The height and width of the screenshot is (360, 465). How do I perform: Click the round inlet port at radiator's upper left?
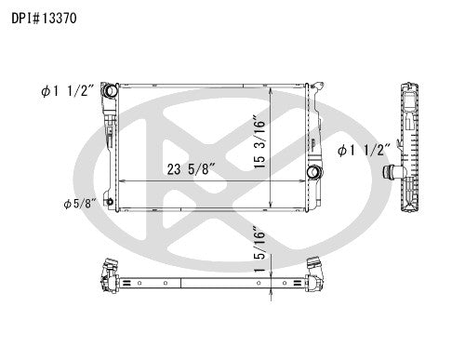[x=110, y=91]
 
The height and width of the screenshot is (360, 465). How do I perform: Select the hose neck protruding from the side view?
[x=391, y=172]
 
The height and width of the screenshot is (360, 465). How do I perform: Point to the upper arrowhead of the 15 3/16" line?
[x=270, y=91]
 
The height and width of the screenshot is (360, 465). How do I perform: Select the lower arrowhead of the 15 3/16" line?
[x=270, y=210]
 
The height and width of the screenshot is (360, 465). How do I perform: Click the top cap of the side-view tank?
[x=408, y=87]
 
